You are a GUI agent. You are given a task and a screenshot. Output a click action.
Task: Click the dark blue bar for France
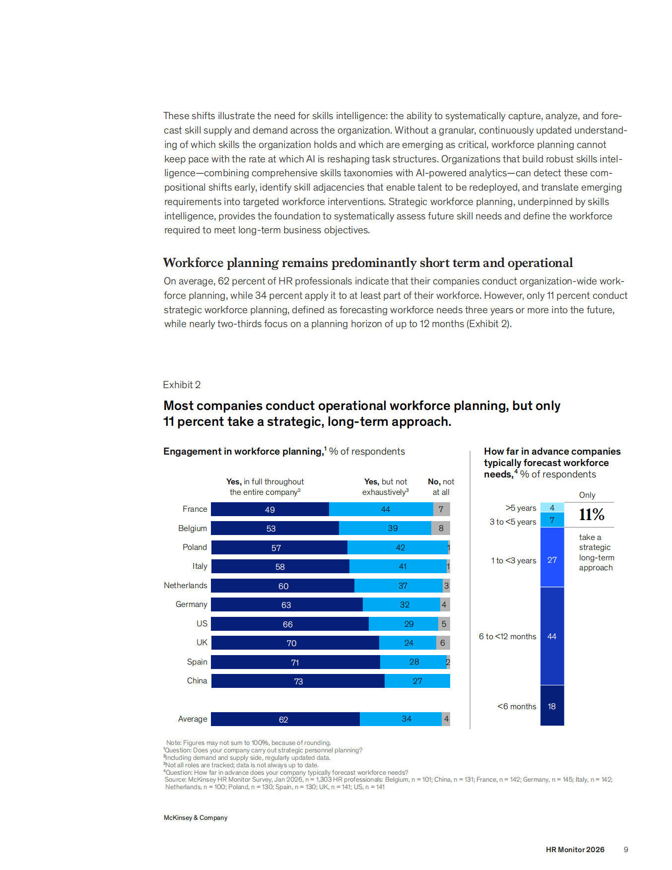coord(270,509)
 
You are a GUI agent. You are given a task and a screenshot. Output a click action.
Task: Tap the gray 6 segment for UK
coord(443,643)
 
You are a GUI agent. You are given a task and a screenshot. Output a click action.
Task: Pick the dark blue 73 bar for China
coord(298,681)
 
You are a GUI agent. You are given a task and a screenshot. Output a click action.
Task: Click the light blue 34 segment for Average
coord(401,719)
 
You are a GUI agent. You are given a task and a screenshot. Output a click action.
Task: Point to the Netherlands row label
coord(186,586)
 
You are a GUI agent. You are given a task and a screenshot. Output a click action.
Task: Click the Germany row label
coord(192,604)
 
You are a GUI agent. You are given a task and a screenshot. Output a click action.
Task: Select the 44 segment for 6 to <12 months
coord(552,636)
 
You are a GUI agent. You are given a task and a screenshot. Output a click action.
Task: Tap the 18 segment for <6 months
coord(552,706)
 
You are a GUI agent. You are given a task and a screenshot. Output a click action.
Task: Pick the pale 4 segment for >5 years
coord(552,507)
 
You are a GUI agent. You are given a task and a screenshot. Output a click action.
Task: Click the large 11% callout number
coord(592,515)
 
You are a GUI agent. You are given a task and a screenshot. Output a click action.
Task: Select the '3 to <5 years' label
coord(513,522)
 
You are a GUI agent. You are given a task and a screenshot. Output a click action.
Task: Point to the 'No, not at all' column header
coord(441,487)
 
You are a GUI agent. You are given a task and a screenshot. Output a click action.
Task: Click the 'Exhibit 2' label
coord(182,385)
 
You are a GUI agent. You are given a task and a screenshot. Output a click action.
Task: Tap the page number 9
coord(626,850)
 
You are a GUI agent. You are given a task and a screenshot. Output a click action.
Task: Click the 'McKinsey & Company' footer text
coord(196,818)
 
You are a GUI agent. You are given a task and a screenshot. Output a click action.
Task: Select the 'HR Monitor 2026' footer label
coord(575,850)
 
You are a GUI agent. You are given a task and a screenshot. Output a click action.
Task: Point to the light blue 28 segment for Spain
coord(413,662)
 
